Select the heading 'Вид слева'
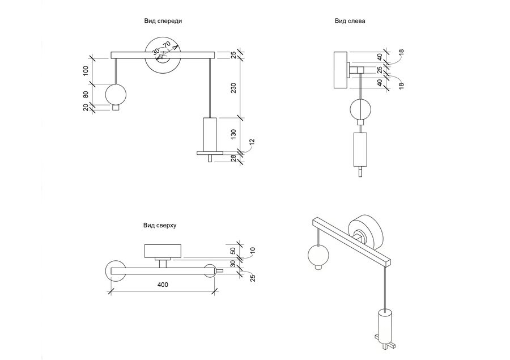[350, 21]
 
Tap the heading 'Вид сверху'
[160, 225]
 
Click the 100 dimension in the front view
[86, 71]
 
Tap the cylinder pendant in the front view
[210, 134]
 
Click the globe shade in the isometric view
[318, 256]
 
